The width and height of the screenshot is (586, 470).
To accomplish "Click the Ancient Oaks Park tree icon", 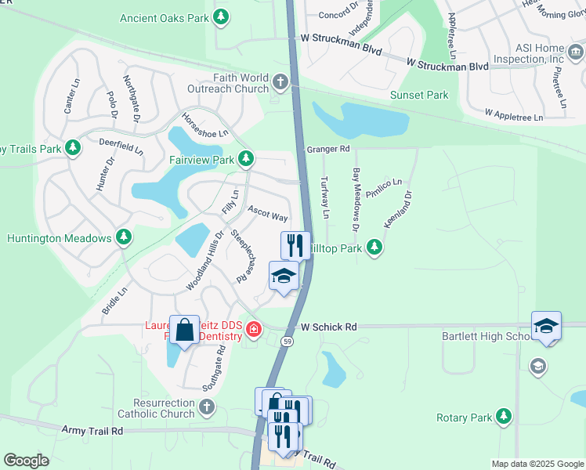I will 222,16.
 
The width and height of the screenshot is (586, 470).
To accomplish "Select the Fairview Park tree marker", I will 246,159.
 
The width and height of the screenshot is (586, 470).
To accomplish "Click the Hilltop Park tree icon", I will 374,248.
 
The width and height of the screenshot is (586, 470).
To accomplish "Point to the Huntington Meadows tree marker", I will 124,237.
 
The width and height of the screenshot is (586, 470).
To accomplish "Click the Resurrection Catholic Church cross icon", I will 206,407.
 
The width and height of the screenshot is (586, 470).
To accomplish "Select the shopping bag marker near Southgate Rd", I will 185,331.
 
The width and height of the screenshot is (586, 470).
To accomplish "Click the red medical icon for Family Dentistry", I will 253,328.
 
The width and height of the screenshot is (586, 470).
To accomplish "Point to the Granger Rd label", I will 327,148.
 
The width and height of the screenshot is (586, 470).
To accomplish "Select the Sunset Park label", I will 419,95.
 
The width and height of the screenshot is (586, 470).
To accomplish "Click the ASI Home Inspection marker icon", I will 576,52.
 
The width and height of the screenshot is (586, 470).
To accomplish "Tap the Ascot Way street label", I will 268,213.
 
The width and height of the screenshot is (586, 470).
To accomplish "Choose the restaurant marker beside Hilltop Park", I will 295,245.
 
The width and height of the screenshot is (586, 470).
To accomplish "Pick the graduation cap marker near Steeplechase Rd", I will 284,276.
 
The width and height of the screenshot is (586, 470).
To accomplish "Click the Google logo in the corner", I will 26,461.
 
